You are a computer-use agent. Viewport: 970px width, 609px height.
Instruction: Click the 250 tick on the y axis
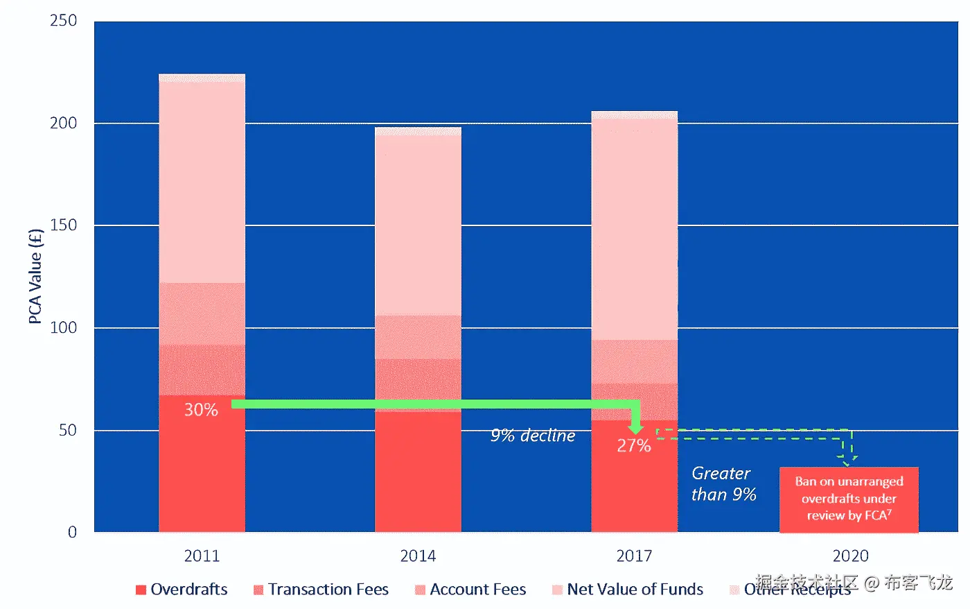[x=63, y=21]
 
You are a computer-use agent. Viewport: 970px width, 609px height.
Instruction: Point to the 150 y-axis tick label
[x=63, y=225]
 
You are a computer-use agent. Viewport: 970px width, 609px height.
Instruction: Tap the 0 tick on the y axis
[x=72, y=532]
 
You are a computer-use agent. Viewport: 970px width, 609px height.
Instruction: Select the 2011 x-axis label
[x=202, y=556]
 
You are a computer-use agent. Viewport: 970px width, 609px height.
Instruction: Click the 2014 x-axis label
[x=418, y=556]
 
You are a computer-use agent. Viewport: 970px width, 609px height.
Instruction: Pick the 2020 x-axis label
[x=850, y=556]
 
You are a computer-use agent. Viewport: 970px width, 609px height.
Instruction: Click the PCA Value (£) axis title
[x=35, y=276]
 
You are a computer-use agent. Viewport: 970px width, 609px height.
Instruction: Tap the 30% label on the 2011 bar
[x=201, y=410]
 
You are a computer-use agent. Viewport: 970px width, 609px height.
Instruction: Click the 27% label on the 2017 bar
[x=634, y=446]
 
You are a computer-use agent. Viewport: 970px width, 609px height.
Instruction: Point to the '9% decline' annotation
[x=533, y=436]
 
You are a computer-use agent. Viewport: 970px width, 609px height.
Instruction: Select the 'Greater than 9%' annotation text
[x=723, y=483]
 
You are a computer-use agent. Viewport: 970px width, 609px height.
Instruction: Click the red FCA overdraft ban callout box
[x=849, y=499]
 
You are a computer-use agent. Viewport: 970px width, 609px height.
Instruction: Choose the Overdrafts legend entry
[x=182, y=590]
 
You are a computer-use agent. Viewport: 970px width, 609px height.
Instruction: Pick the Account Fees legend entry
[x=470, y=590]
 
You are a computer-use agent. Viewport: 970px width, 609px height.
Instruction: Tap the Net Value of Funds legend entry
[x=628, y=590]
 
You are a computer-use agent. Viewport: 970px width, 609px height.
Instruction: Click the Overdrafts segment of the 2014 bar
[x=418, y=472]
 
